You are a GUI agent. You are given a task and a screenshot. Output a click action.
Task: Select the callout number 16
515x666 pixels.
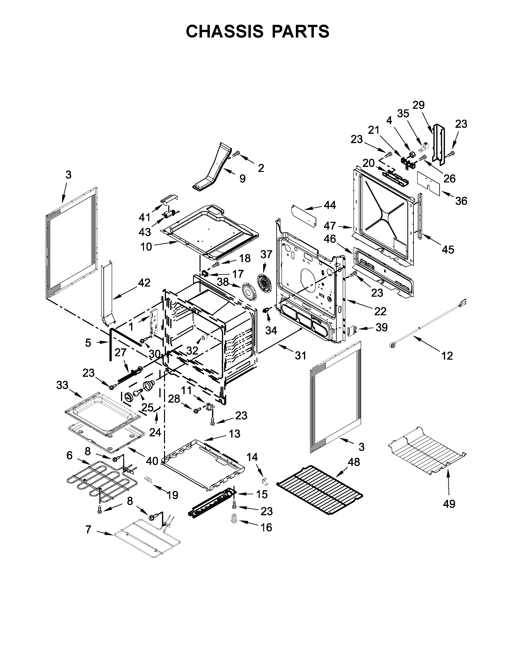pos(266,527)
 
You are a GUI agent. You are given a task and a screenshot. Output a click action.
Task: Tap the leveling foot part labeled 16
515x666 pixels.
pos(234,518)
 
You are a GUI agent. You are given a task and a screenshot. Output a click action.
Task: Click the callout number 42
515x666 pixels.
pos(144,283)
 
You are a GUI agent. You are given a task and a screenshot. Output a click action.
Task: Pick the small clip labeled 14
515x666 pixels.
pos(265,481)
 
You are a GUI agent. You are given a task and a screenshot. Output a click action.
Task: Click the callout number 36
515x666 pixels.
pos(461,201)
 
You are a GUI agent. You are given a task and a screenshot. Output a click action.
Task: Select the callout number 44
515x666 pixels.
pos(330,205)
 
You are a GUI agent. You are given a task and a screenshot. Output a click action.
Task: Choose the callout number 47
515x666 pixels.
pos(330,226)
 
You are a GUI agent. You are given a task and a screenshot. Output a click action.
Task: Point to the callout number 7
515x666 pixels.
pos(88,530)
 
